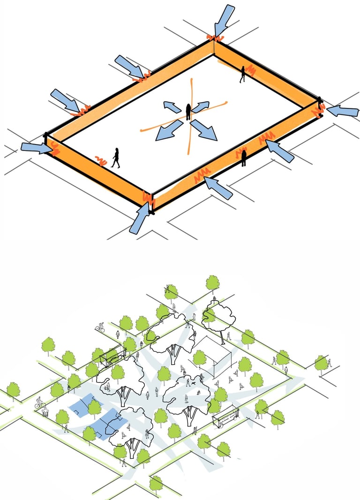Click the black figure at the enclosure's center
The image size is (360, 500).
click(x=188, y=112)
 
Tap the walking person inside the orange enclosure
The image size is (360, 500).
click(x=115, y=158)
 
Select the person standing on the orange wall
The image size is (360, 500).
click(x=244, y=158)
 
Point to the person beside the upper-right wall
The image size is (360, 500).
click(x=243, y=74)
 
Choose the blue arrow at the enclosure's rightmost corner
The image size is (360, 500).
click(x=342, y=111)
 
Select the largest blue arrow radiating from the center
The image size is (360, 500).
click(x=204, y=130)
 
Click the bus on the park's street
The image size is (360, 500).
click(x=226, y=417)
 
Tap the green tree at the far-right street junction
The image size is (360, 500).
click(x=321, y=362)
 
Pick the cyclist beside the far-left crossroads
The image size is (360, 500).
click(x=39, y=402)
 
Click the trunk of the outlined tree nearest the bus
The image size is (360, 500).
click(x=190, y=415)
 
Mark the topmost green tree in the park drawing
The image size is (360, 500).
click(x=213, y=283)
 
